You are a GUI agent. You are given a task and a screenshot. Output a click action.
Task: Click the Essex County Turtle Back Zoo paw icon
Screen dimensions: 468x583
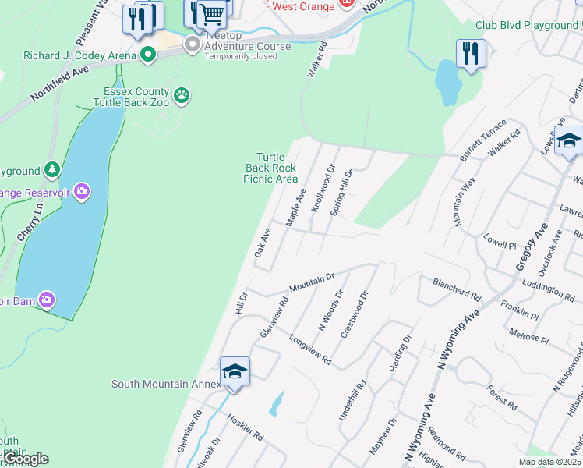click(x=182, y=95)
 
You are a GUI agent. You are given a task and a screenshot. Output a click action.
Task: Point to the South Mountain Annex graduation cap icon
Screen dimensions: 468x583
click(x=235, y=371)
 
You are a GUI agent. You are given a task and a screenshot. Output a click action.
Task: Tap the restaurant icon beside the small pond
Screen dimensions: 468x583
click(x=471, y=54)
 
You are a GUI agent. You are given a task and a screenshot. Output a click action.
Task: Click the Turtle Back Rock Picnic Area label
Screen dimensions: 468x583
click(x=271, y=168)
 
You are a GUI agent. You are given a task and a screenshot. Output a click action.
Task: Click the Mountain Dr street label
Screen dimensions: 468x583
click(x=311, y=282)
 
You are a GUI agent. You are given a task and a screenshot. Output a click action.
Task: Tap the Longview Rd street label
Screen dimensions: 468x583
click(x=310, y=351)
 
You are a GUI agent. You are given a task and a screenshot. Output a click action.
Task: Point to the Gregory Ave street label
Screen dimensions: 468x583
click(x=528, y=244)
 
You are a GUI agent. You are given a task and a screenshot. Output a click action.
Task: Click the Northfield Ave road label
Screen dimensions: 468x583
click(x=60, y=84)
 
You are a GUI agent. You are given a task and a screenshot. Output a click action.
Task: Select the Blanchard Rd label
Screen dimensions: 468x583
click(x=457, y=289)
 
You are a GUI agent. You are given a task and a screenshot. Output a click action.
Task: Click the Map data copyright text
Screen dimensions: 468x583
click(x=549, y=463)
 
